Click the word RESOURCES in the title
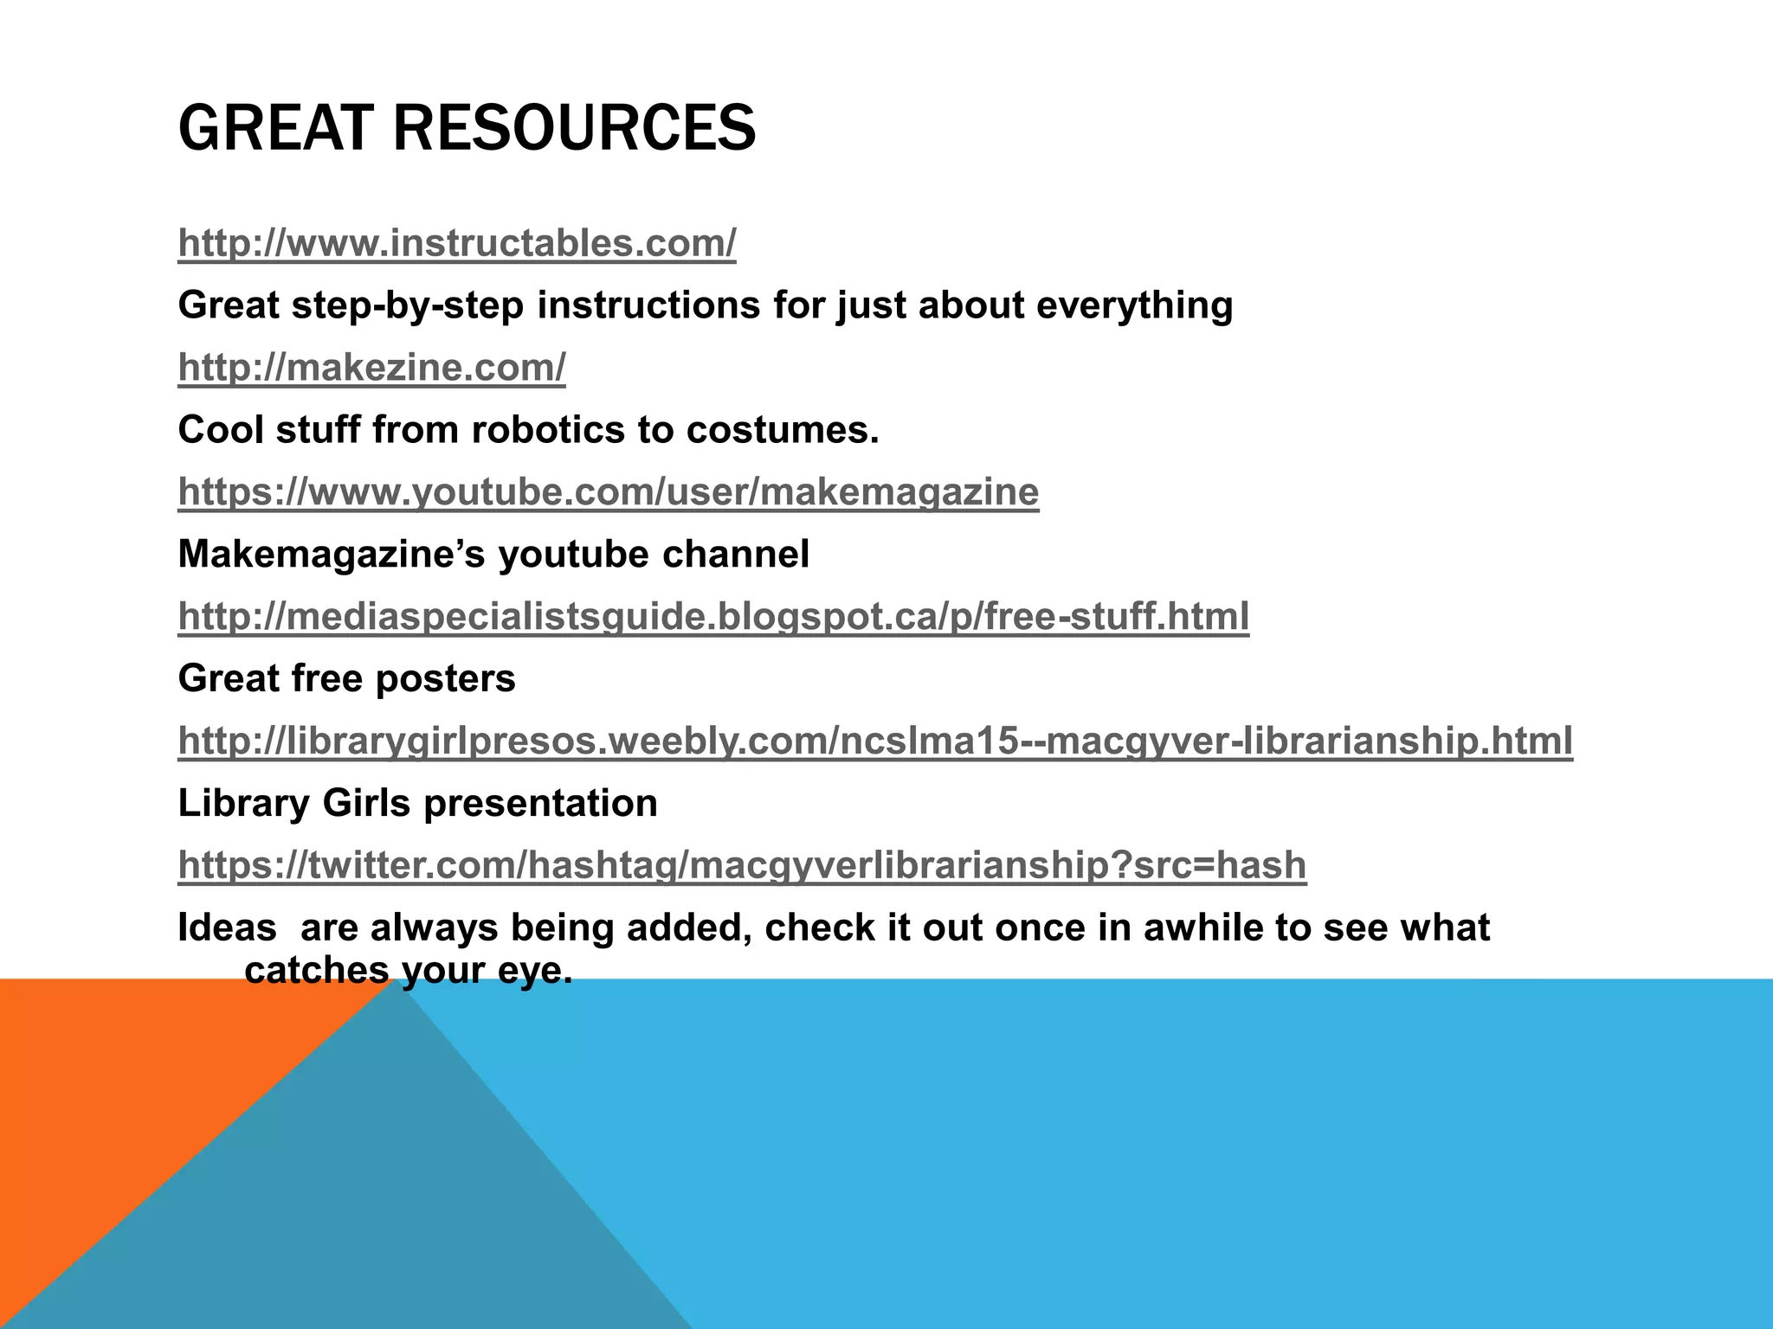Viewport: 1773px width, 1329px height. (x=574, y=128)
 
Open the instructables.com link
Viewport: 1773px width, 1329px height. (x=457, y=243)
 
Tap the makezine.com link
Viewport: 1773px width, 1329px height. (x=371, y=368)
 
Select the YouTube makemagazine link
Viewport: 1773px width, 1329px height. (x=608, y=491)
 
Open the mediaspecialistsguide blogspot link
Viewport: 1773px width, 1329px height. (x=713, y=616)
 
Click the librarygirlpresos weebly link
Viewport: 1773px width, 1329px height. (x=874, y=741)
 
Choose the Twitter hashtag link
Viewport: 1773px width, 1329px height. (x=742, y=865)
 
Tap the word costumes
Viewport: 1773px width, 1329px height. (x=783, y=430)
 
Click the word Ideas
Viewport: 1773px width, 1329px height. (x=227, y=928)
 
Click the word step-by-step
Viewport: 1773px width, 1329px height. (x=408, y=305)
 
